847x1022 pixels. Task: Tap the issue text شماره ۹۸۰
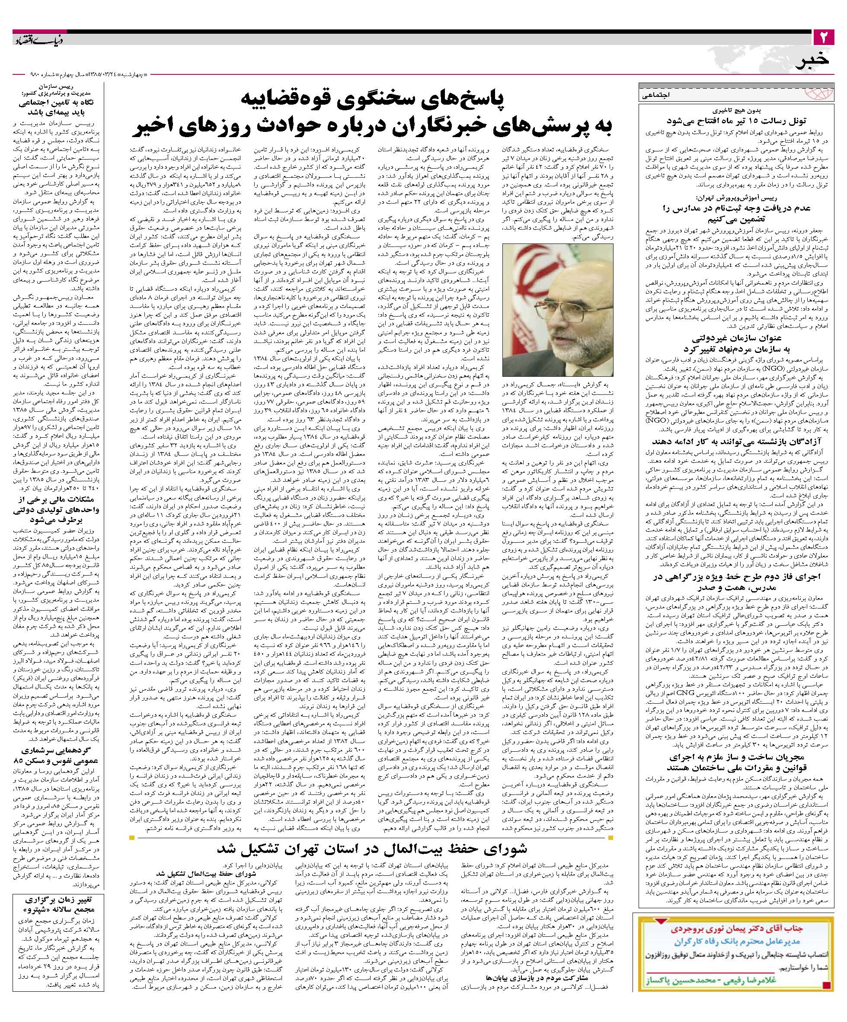tap(42, 76)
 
